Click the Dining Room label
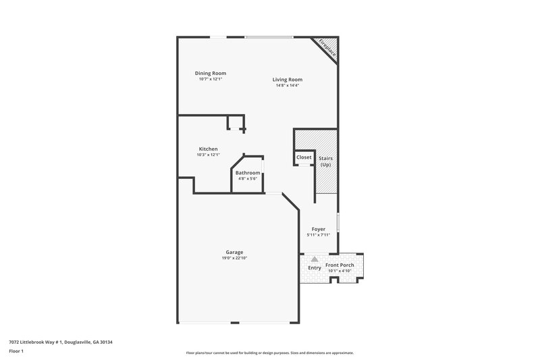click(210, 73)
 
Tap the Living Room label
click(287, 79)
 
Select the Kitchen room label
click(208, 149)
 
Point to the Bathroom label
click(248, 173)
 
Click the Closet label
click(304, 157)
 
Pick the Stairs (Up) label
click(325, 162)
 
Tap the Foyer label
click(319, 229)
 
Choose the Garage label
click(235, 252)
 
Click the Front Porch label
click(340, 265)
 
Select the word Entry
click(315, 268)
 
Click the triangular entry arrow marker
click(315, 259)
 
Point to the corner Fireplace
click(328, 49)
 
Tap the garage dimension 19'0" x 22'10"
click(235, 258)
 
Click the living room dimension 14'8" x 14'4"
click(287, 85)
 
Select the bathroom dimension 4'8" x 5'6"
click(248, 179)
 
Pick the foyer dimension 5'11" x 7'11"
click(319, 235)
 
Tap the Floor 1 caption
click(17, 351)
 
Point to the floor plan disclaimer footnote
click(269, 353)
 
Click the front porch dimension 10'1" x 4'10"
click(340, 271)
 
